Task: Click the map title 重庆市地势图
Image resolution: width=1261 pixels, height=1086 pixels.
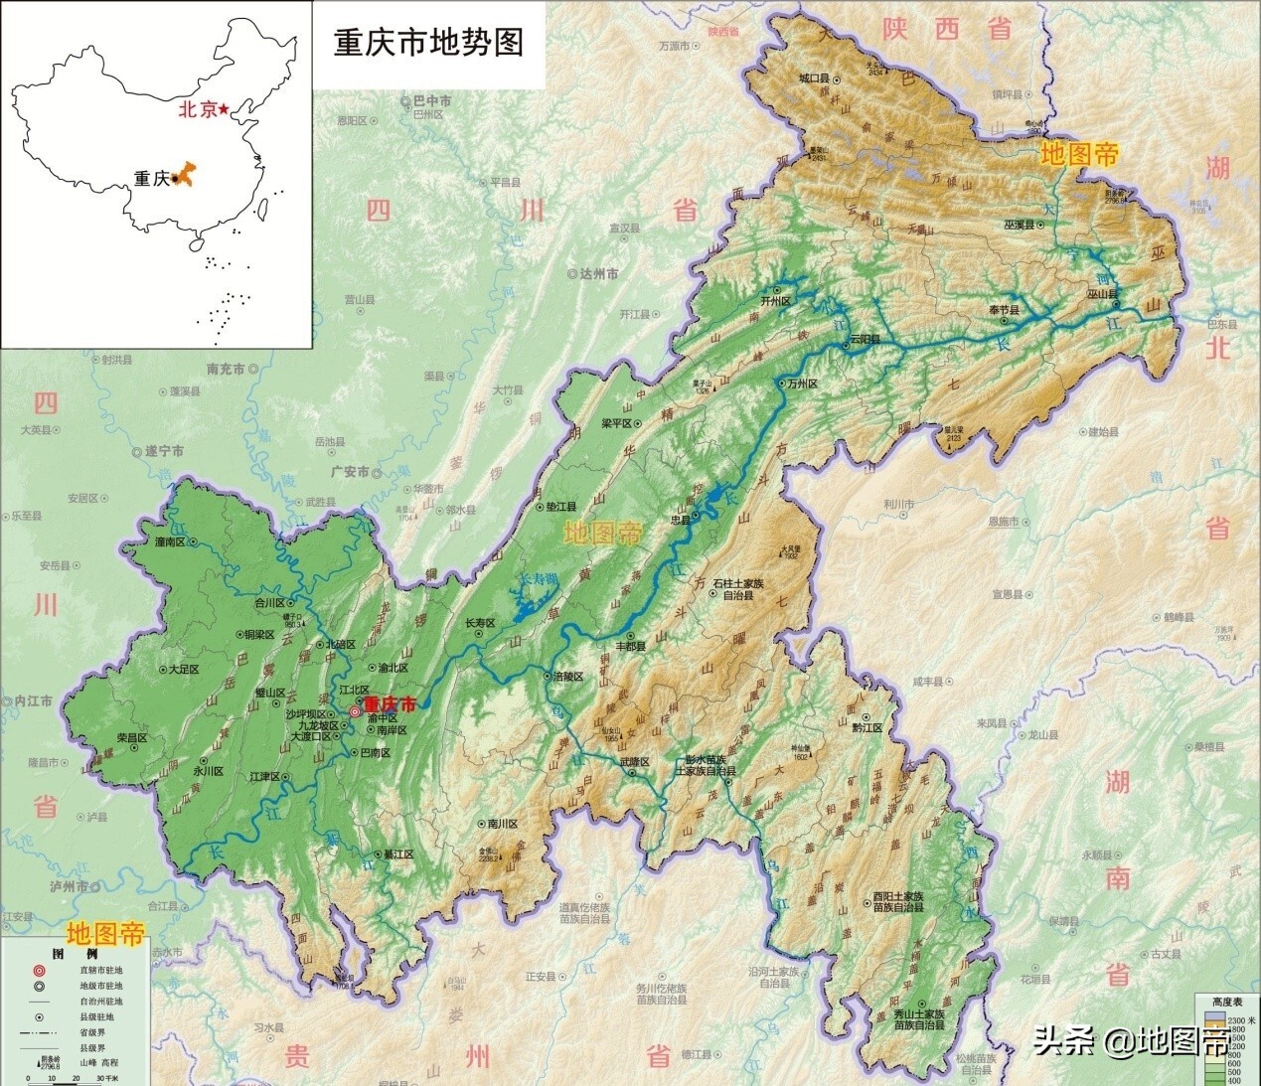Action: pos(428,43)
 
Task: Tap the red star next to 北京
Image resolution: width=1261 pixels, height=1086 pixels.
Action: pos(226,108)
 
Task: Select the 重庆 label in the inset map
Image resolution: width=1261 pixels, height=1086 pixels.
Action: pos(152,179)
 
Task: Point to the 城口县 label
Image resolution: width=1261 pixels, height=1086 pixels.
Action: pos(821,77)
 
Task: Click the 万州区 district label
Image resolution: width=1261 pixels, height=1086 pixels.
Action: pos(801,384)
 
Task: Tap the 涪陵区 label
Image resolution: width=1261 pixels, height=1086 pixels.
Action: pos(567,677)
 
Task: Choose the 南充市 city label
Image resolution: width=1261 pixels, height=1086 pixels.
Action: pos(226,369)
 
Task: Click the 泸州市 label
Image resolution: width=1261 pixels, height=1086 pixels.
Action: pos(69,885)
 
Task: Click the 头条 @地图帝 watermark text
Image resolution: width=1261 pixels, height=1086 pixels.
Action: pos(1131,1041)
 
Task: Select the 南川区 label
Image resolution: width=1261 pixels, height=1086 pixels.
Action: pos(503,824)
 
